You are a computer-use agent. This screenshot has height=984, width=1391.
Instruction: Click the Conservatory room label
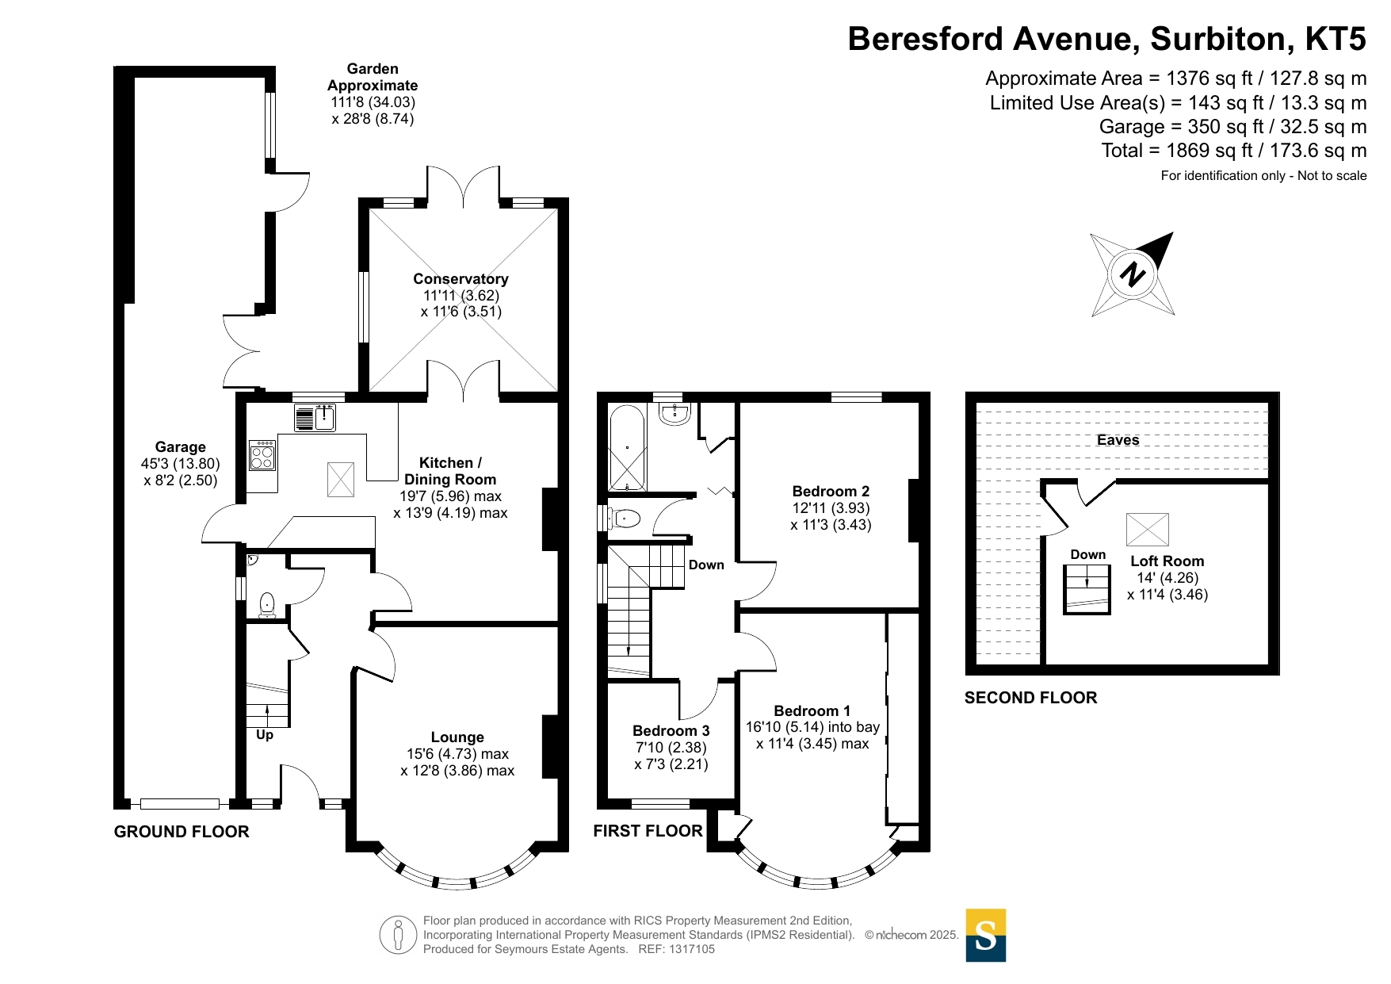coord(460,279)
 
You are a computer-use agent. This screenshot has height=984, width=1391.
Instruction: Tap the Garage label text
coord(180,447)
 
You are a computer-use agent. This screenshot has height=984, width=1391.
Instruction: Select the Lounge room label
coord(457,737)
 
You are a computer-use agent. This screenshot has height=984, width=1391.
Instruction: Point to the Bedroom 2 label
coord(831,492)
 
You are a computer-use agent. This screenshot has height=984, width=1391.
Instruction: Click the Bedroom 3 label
coord(671,731)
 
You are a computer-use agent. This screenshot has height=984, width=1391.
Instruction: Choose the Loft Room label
coord(1167,561)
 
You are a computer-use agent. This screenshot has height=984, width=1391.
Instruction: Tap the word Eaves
coord(1118,440)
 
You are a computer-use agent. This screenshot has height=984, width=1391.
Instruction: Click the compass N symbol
coord(1133,274)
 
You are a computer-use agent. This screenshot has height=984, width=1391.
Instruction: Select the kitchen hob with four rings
coord(262,456)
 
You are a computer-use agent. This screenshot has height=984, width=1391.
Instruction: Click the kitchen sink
coord(325,416)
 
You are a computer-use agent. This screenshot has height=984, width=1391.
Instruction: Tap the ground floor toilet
coord(267,604)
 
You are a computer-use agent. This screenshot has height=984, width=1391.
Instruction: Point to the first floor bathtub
coord(627,448)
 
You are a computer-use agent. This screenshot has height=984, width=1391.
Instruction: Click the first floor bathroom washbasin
coord(675,413)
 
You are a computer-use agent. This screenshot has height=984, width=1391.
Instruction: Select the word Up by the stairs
coord(265,735)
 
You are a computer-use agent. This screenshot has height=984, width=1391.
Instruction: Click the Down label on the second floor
coord(1087,555)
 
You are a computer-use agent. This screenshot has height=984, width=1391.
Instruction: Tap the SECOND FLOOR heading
coord(1030,698)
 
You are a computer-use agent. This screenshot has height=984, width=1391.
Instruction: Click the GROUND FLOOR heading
coord(182,832)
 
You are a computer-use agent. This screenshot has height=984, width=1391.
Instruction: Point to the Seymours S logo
coord(985,936)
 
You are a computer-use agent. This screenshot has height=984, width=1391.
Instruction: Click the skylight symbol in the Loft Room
coord(1147,529)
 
